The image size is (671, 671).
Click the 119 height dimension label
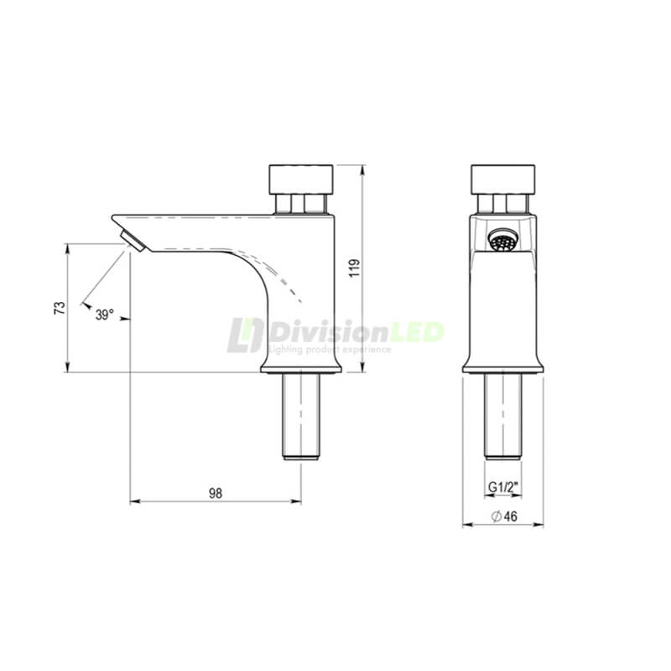pyautogui.click(x=354, y=268)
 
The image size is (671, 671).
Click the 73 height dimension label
pyautogui.click(x=59, y=308)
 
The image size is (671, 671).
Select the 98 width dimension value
pyautogui.click(x=215, y=493)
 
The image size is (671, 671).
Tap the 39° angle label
pyautogui.click(x=104, y=315)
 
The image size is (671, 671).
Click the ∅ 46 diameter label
pyautogui.click(x=503, y=518)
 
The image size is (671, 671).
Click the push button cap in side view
pyautogui.click(x=301, y=179)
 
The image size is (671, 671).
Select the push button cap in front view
pyautogui.click(x=502, y=179)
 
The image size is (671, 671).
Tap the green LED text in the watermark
pyautogui.click(x=414, y=332)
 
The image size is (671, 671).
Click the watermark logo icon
pyautogui.click(x=245, y=336)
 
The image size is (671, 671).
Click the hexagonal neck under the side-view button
pyautogui.click(x=301, y=204)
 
